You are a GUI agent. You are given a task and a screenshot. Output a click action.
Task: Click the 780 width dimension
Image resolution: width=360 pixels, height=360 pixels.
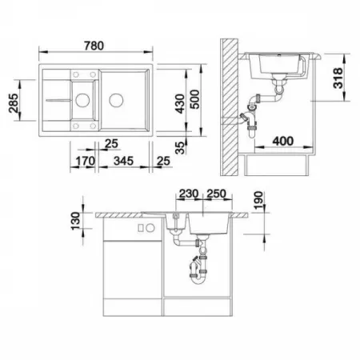tap(94, 46)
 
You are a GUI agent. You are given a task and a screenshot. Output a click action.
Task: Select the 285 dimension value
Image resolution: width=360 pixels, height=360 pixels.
tap(14, 103)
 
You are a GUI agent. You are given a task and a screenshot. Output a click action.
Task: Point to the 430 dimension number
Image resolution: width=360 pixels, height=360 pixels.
tap(180, 103)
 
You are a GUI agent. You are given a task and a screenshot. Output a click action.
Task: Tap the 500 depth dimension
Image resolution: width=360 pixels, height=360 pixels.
tap(195, 99)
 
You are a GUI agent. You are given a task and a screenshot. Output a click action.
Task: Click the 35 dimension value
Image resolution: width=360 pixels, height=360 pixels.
tap(181, 148)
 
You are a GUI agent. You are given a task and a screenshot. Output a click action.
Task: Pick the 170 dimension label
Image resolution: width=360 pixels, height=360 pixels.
tap(85, 161)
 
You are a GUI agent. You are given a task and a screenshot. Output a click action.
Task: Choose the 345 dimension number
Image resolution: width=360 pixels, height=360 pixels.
tap(123, 161)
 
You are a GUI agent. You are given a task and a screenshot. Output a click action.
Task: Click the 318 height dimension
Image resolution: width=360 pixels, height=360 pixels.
tap(338, 78)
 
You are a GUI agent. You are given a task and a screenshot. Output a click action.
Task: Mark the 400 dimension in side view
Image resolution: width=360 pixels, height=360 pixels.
tap(283, 141)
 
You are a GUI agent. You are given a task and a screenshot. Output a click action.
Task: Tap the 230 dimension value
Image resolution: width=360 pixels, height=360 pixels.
tap(189, 194)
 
